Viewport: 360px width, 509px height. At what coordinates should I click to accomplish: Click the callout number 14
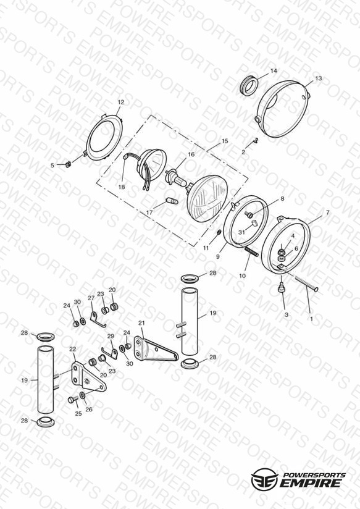pos(274,71)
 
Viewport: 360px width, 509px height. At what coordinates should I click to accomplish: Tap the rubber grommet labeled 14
pos(249,85)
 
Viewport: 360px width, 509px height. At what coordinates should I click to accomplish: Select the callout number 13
pos(319,78)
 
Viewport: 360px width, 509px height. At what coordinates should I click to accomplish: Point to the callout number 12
pos(121,103)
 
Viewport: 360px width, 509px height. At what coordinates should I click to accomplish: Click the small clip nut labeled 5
pos(68,164)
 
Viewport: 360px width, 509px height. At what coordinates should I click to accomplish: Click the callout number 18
pos(122,187)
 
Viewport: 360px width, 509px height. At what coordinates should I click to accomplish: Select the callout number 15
pos(225,141)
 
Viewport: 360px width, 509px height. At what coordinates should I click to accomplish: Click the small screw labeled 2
pos(255,141)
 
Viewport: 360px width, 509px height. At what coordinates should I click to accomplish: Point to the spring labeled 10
pos(251,251)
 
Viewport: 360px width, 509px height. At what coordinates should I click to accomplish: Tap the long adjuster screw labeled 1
pos(306,283)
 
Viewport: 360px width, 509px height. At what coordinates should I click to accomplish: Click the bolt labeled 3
pos(282,288)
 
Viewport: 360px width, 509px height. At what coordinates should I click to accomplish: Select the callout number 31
pos(241,232)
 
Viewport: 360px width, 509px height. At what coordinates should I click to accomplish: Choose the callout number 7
pos(327,212)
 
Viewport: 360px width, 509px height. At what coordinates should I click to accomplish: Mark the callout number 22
pos(73,349)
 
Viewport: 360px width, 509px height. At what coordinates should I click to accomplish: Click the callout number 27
pos(91,298)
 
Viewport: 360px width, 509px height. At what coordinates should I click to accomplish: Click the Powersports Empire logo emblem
pos(265,478)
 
